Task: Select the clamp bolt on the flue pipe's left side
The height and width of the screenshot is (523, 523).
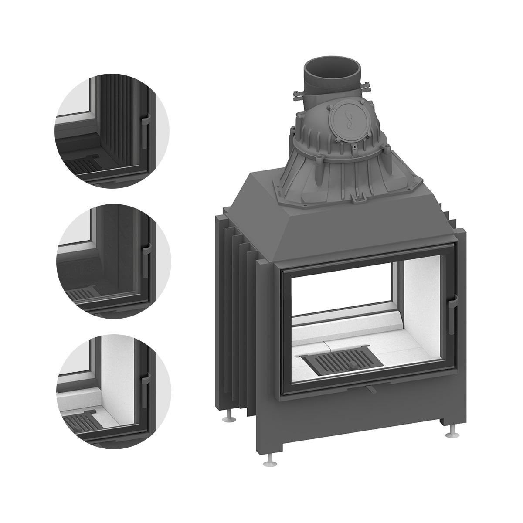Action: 298,93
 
